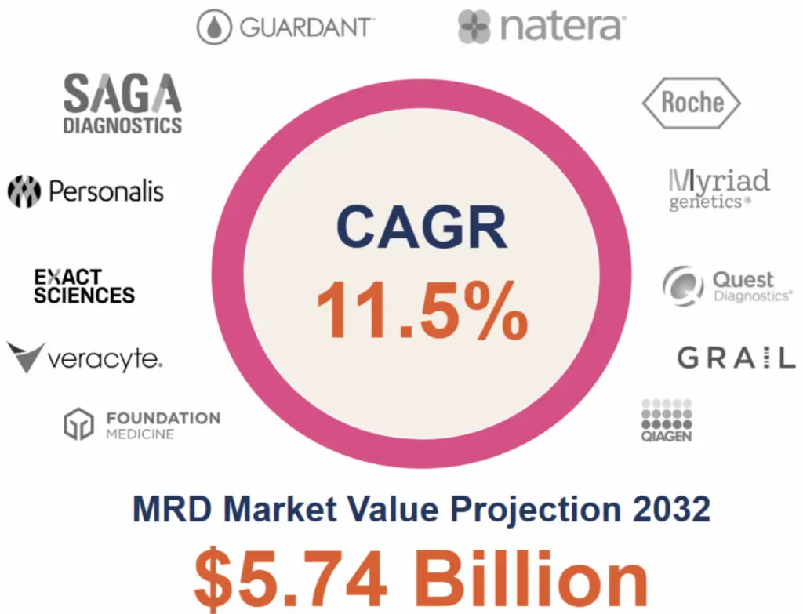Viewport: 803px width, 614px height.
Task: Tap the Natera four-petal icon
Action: tap(475, 27)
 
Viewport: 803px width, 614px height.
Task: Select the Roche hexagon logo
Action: tap(691, 103)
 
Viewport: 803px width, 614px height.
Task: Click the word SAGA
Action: tap(122, 94)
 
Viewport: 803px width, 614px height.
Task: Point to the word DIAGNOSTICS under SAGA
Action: tap(122, 125)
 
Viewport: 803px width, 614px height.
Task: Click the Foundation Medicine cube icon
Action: tap(78, 423)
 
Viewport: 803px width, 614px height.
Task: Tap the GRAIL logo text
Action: tap(735, 358)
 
